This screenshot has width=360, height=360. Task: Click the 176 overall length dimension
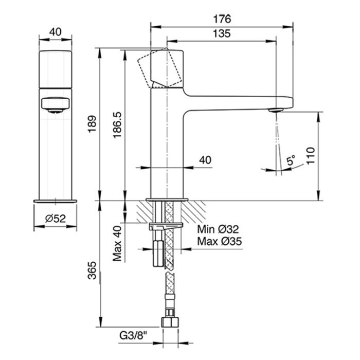point(222,19)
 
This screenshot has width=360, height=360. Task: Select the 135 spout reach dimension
point(222,33)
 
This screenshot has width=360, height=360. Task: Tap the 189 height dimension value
point(92,124)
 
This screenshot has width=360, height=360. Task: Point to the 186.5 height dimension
point(117,125)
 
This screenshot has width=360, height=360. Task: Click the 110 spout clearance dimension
point(311,156)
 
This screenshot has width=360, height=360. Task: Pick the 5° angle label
point(291,160)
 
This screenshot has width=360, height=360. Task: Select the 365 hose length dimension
point(92,270)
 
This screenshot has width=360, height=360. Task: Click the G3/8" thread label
point(133,336)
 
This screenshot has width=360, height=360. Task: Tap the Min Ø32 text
point(218,229)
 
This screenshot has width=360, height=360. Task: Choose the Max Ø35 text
point(220,241)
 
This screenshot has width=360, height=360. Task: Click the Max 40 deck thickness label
point(117,244)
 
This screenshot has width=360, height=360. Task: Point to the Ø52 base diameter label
point(56,219)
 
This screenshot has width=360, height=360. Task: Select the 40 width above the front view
point(56,32)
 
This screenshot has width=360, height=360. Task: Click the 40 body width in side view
point(205,160)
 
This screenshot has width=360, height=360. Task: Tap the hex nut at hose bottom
point(170,322)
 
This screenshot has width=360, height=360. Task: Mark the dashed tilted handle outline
point(160,68)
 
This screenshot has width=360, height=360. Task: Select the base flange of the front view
point(56,202)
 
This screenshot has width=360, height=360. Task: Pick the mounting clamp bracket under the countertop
point(166,226)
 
